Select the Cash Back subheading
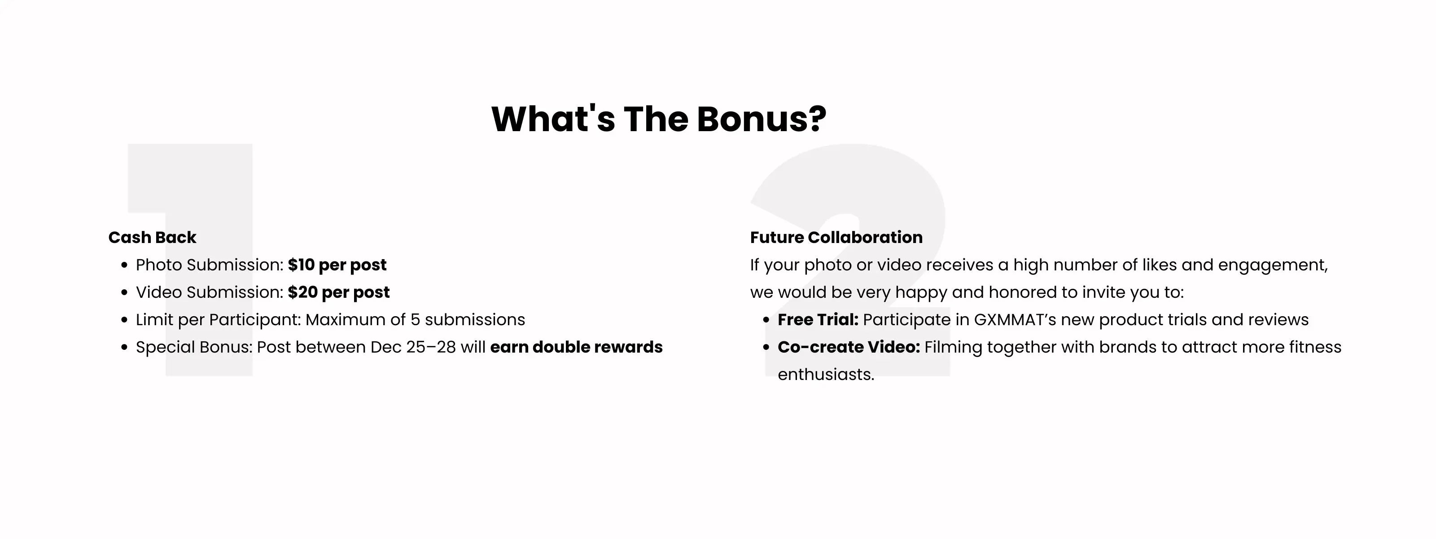click(x=152, y=237)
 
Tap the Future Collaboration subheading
click(x=836, y=237)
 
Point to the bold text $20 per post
click(x=339, y=292)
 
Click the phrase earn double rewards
click(x=576, y=347)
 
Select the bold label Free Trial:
click(x=818, y=320)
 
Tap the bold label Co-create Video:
click(x=849, y=347)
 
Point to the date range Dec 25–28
click(x=413, y=347)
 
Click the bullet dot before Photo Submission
click(x=124, y=265)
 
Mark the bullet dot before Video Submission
click(x=124, y=293)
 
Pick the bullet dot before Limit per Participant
click(x=124, y=320)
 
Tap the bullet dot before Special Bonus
click(x=124, y=348)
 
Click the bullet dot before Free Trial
click(x=766, y=320)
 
